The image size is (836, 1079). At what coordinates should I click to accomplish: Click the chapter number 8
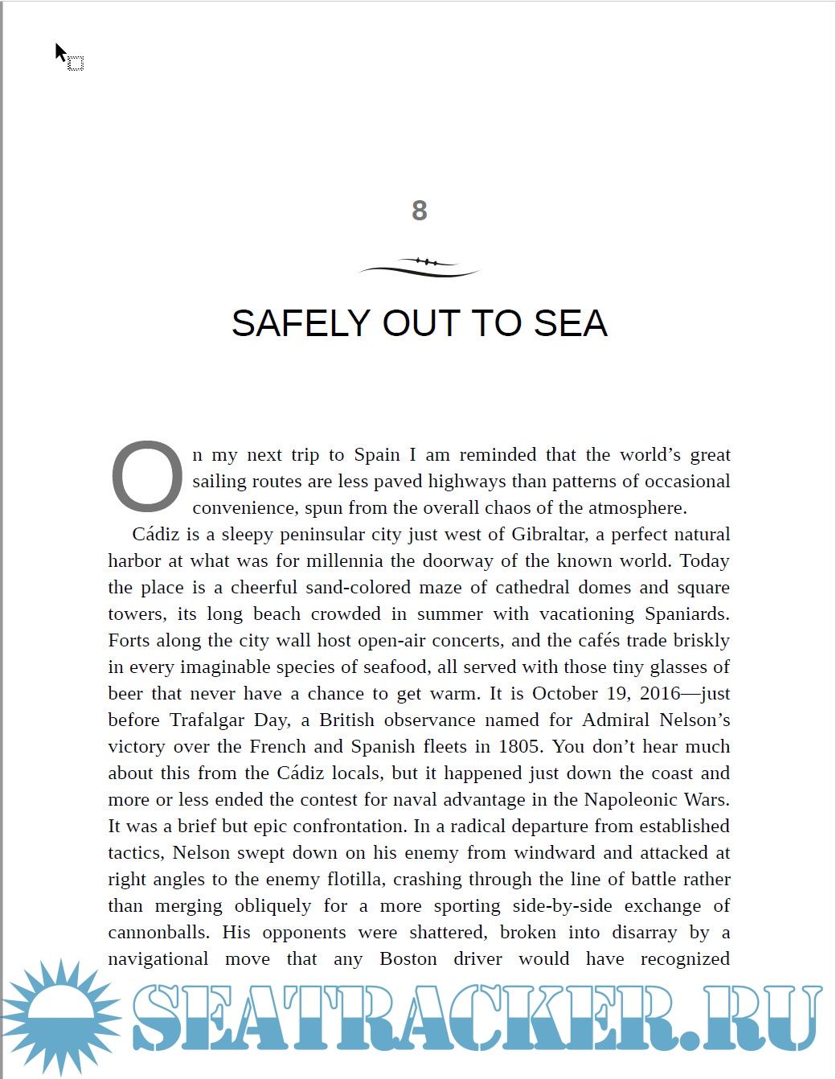(x=419, y=211)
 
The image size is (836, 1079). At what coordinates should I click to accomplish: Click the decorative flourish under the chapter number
(x=419, y=267)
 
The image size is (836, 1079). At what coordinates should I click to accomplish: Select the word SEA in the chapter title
(x=570, y=323)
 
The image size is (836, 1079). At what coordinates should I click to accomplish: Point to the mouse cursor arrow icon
(x=61, y=53)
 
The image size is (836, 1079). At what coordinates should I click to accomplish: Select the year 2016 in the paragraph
(x=660, y=694)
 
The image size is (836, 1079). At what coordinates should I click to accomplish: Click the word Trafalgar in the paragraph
(x=207, y=720)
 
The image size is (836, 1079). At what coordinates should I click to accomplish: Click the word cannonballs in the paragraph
(x=158, y=933)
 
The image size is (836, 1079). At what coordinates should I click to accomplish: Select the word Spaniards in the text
(x=686, y=614)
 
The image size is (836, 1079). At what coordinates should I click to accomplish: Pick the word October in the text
(x=565, y=694)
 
